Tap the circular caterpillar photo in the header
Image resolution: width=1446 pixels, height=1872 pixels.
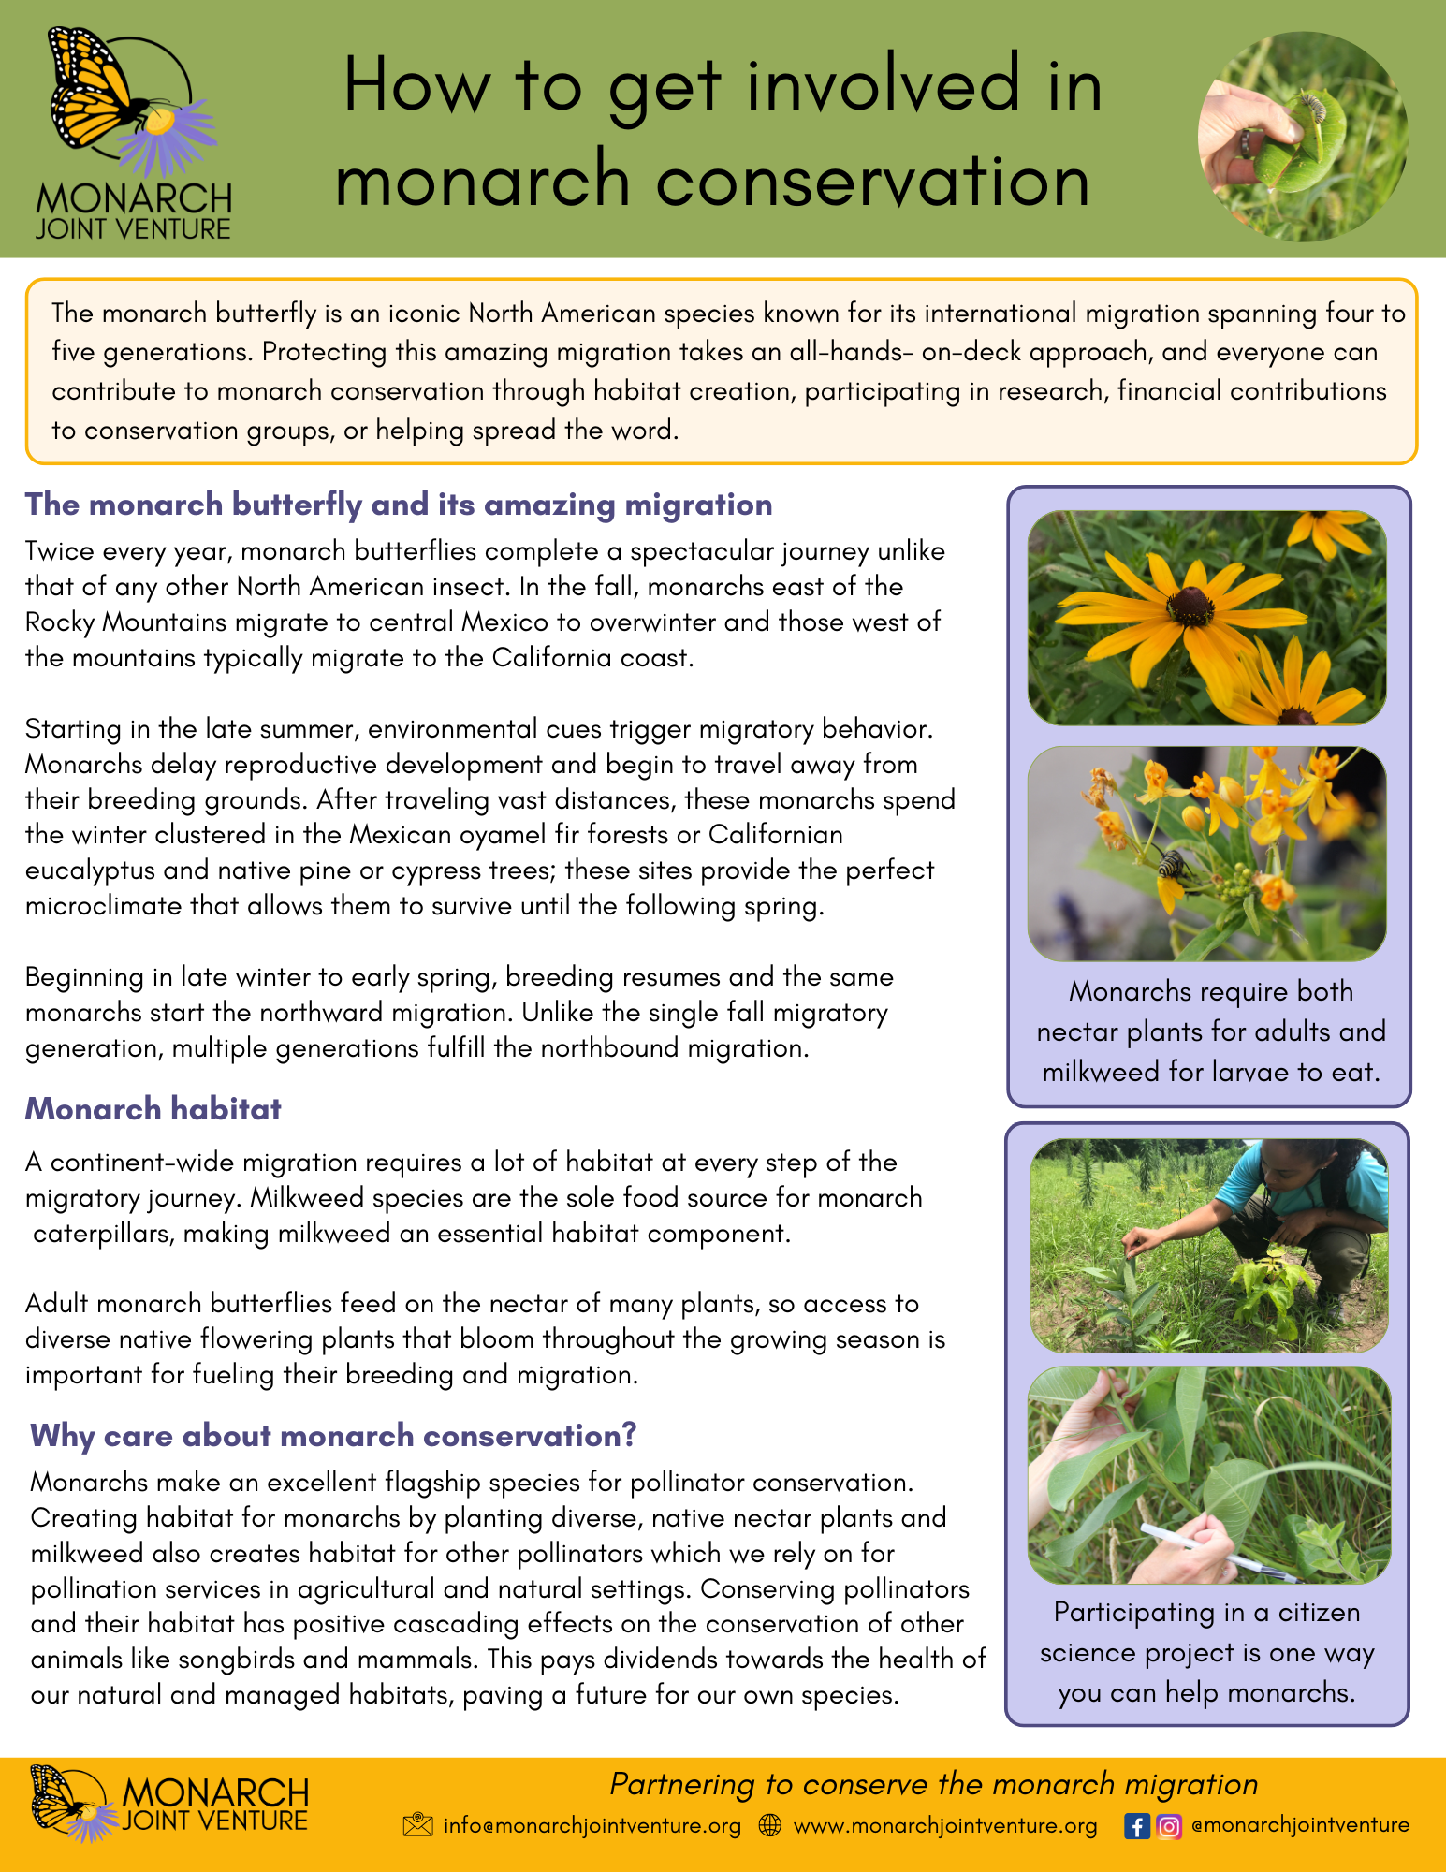pyautogui.click(x=1303, y=137)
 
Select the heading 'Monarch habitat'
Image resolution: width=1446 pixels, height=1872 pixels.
pyautogui.click(x=153, y=1109)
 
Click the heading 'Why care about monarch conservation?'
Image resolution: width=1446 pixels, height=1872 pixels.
pyautogui.click(x=333, y=1435)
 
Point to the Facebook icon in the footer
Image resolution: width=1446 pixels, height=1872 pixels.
pyautogui.click(x=1136, y=1826)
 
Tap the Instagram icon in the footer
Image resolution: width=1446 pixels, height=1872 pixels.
pyautogui.click(x=1169, y=1826)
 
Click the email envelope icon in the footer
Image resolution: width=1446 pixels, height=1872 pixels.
pyautogui.click(x=417, y=1825)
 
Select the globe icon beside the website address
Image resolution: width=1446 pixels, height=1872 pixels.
pyautogui.click(x=770, y=1825)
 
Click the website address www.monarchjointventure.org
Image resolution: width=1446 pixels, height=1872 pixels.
pyautogui.click(x=945, y=1826)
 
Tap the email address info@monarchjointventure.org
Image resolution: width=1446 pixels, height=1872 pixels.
pyautogui.click(x=592, y=1826)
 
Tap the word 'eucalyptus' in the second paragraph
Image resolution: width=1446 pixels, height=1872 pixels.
pyautogui.click(x=90, y=870)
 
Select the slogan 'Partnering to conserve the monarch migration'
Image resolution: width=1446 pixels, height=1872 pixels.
pyautogui.click(x=933, y=1784)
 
